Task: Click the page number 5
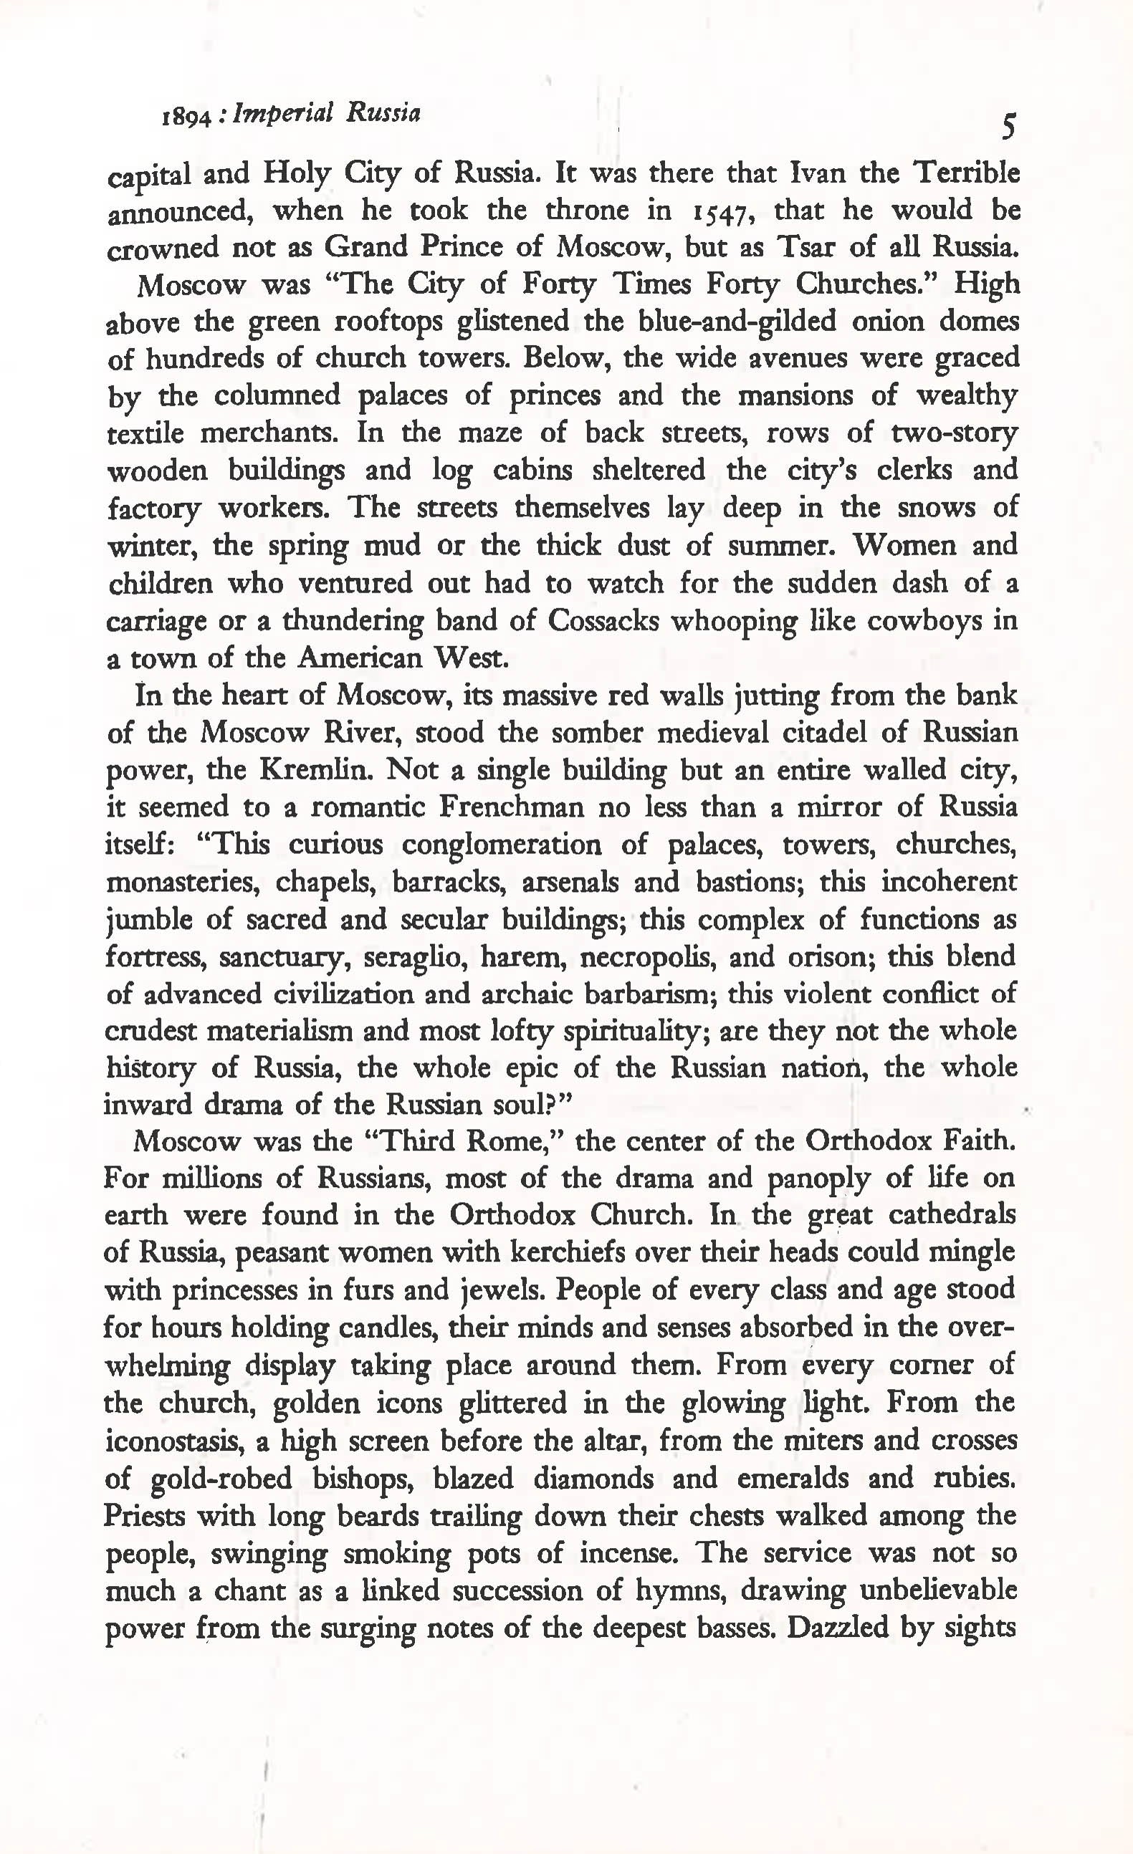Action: tap(1008, 126)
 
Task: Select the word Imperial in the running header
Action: tap(282, 114)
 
